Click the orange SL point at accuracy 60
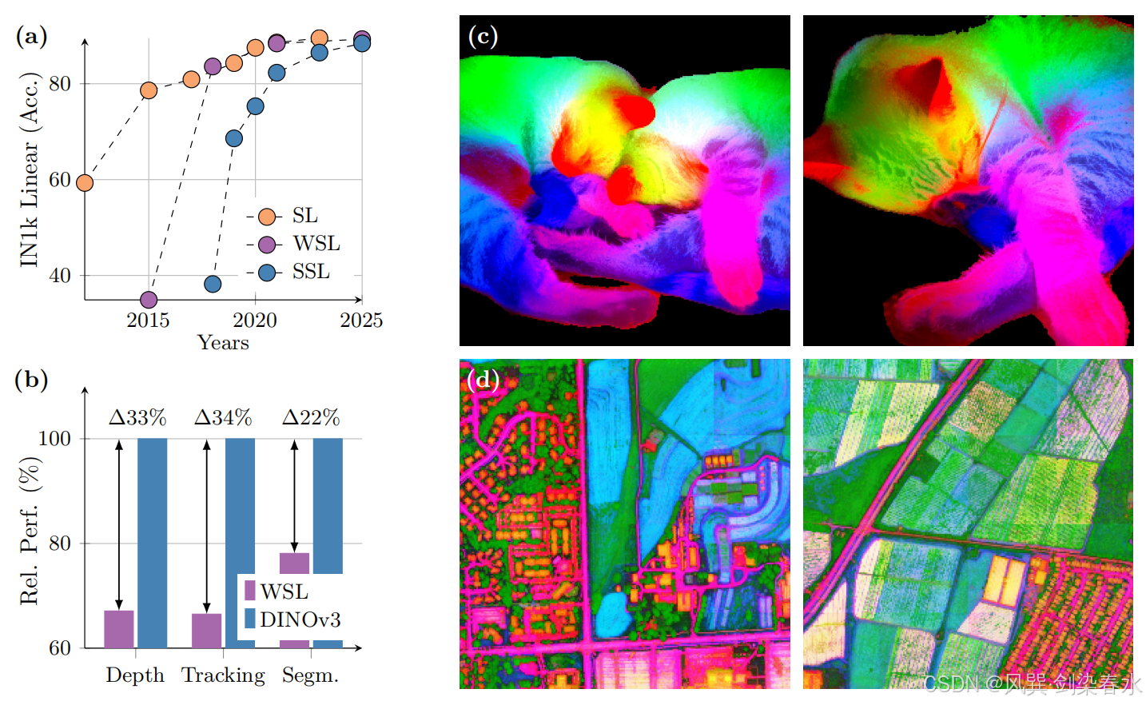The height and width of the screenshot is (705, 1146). [x=85, y=183]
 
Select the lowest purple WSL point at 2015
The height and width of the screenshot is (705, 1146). [x=149, y=299]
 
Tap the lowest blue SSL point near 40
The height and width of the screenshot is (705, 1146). [x=213, y=284]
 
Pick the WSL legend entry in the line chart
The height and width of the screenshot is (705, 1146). [x=293, y=244]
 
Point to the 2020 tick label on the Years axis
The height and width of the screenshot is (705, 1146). [x=255, y=321]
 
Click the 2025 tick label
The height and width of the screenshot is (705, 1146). [x=361, y=321]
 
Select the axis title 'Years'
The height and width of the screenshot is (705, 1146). [x=224, y=342]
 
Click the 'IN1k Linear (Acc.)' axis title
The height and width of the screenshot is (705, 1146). [x=29, y=169]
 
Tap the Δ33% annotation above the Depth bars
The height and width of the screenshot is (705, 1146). [x=137, y=418]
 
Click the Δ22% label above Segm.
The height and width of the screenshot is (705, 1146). [x=311, y=418]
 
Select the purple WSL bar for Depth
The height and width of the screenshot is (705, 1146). [x=119, y=629]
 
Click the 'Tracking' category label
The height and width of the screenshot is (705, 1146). [x=224, y=676]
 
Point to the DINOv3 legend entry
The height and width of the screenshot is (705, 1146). [x=292, y=619]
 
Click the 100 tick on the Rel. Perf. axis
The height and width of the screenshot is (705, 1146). [x=54, y=439]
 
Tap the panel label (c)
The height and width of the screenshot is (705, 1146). [x=483, y=36]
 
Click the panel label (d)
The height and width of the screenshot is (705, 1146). [x=483, y=380]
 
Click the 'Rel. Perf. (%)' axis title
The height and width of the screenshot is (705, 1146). [x=29, y=531]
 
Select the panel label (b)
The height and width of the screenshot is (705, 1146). [x=31, y=380]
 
